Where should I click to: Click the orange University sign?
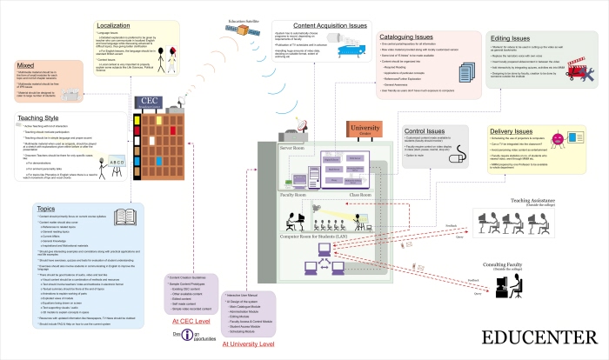365,129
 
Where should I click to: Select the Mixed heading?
28,64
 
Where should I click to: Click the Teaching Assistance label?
540,200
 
